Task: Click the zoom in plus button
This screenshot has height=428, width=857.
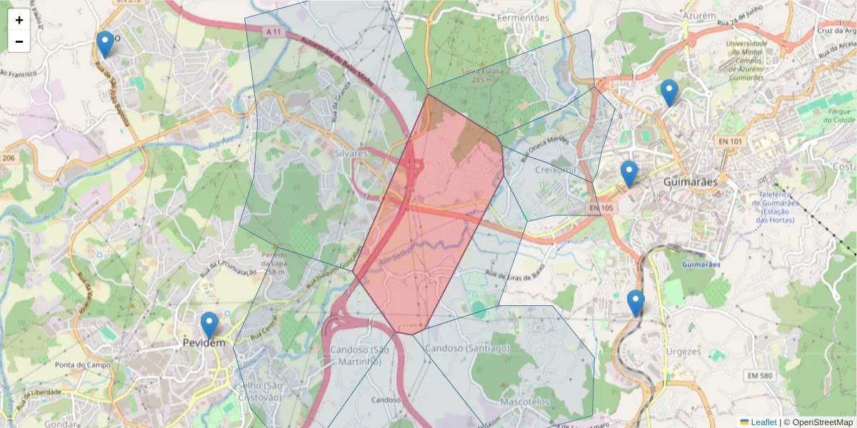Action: (x=19, y=20)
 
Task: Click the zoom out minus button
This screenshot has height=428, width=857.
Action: (x=19, y=41)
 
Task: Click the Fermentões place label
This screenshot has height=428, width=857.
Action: (x=523, y=17)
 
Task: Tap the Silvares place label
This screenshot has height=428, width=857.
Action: (x=350, y=153)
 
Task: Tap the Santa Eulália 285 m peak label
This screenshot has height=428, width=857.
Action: (x=482, y=76)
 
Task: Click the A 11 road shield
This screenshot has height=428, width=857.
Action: (x=274, y=32)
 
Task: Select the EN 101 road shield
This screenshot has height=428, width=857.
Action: (x=727, y=143)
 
